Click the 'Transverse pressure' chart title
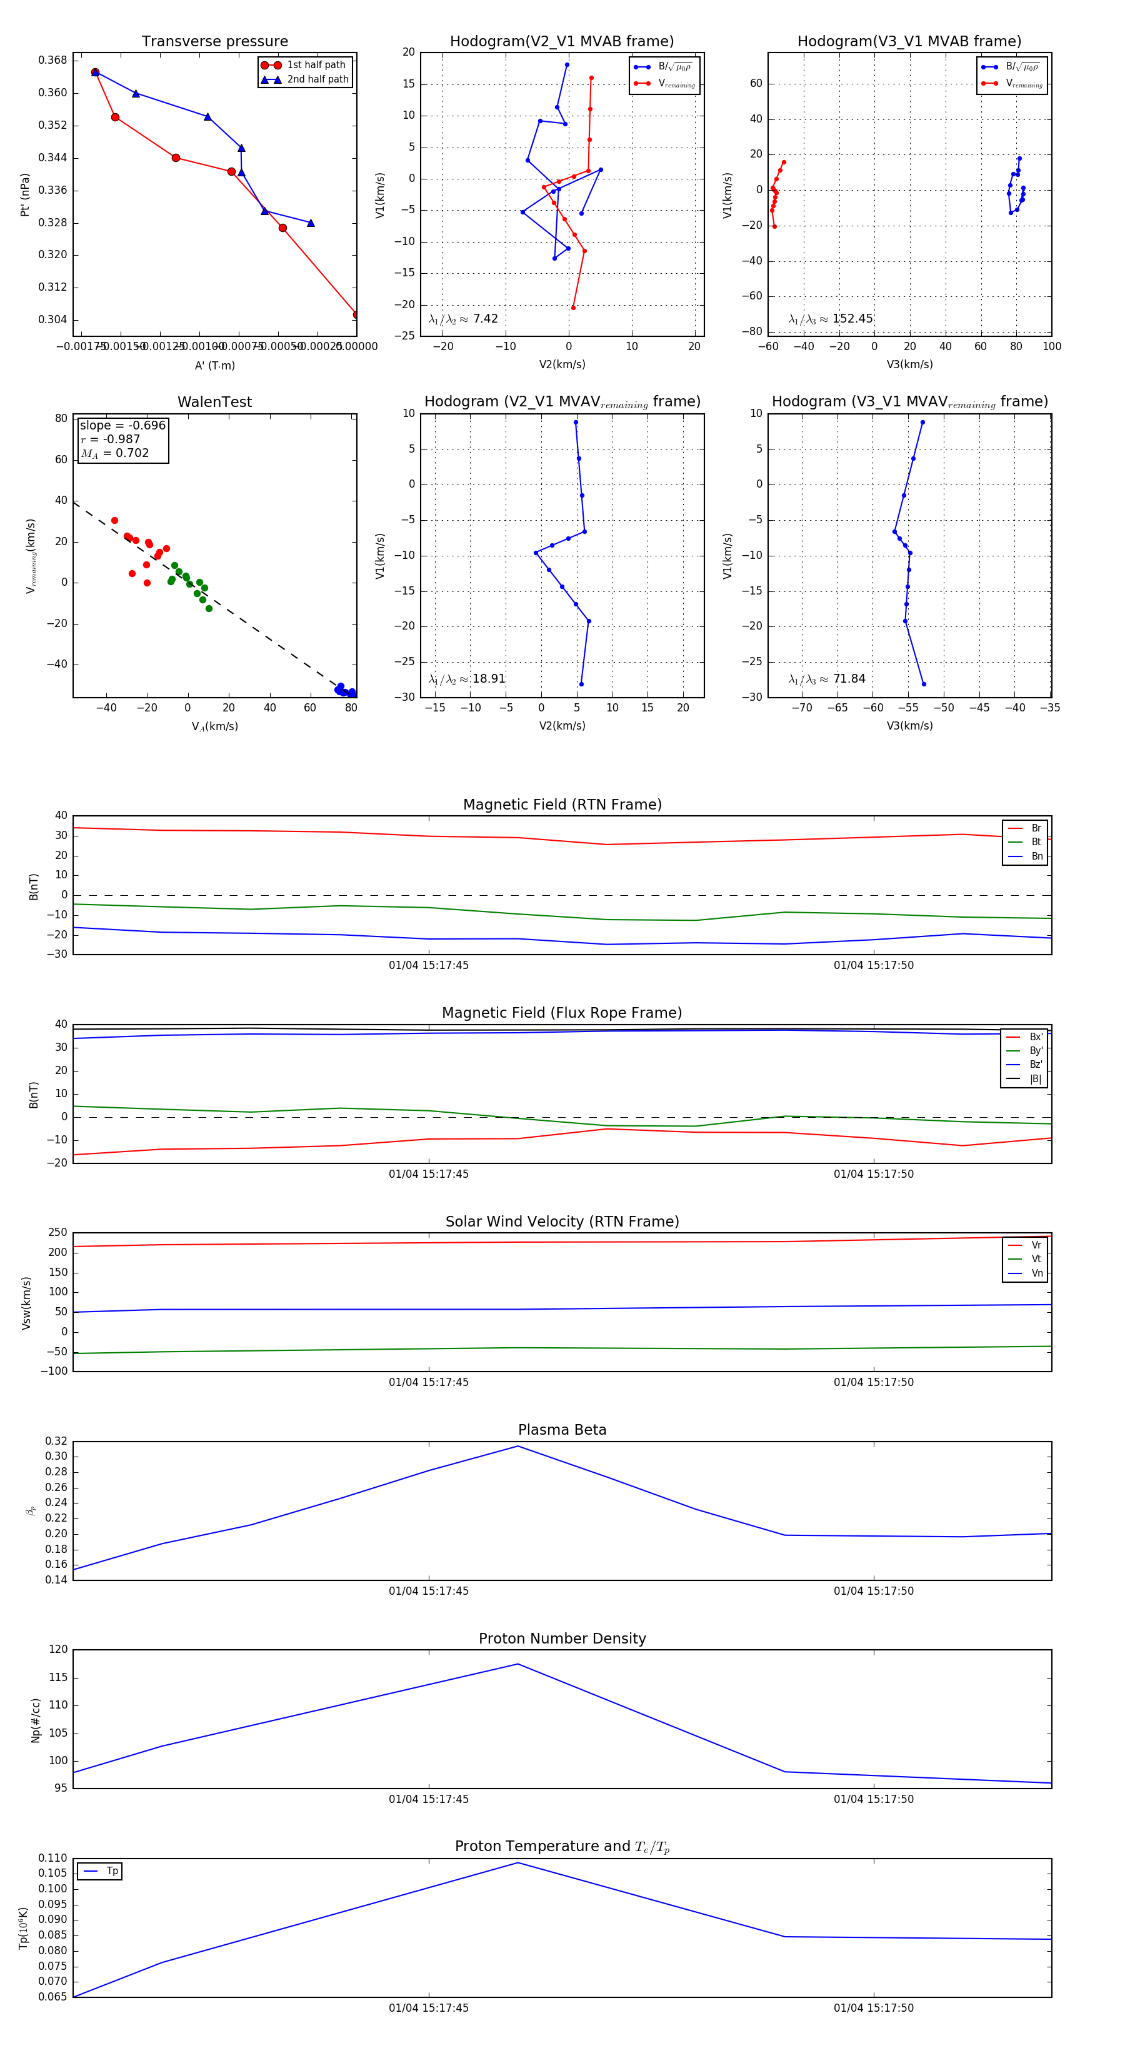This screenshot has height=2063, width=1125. [214, 42]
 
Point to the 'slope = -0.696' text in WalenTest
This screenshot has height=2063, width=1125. [122, 425]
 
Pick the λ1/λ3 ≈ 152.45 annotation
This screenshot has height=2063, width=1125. [831, 319]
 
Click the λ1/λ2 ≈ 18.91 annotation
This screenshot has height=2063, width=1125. [467, 679]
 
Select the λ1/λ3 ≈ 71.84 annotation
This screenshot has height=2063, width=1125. [826, 679]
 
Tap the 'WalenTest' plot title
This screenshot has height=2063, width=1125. [214, 402]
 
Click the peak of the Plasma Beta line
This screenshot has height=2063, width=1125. [518, 1447]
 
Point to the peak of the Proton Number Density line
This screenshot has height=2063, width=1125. [518, 1664]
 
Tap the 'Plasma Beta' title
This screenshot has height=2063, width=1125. [562, 1430]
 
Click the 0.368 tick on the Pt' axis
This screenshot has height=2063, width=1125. [53, 60]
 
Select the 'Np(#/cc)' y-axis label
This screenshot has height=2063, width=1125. [35, 1720]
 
